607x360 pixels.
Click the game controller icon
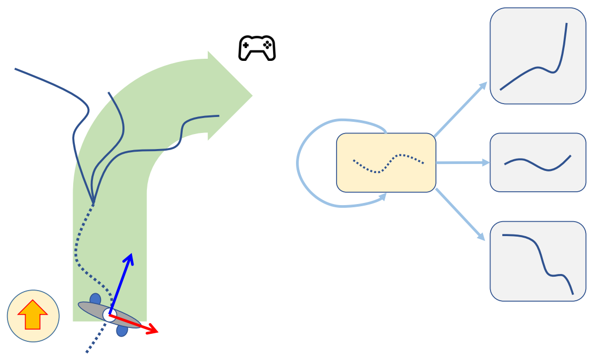pyautogui.click(x=256, y=48)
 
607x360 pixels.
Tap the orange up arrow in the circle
pyautogui.click(x=33, y=315)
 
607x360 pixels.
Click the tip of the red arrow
pyautogui.click(x=158, y=332)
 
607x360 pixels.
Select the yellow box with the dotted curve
pyautogui.click(x=386, y=162)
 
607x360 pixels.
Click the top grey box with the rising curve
pyautogui.click(x=538, y=56)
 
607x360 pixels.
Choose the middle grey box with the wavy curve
pyautogui.click(x=538, y=162)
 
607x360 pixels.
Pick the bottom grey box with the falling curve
pyautogui.click(x=538, y=261)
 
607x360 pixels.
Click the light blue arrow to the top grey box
pyautogui.click(x=461, y=109)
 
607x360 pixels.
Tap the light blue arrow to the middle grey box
pyautogui.click(x=463, y=162)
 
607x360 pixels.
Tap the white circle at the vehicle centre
pyautogui.click(x=110, y=315)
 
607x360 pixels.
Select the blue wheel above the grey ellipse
pyautogui.click(x=95, y=299)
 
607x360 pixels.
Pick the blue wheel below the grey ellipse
pyautogui.click(x=122, y=330)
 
